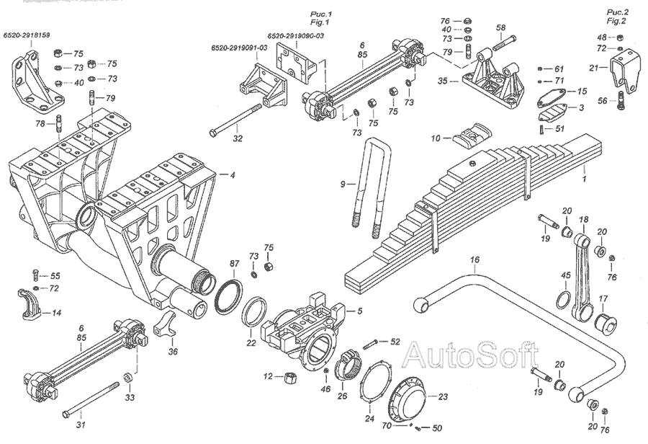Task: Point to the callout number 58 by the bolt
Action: coord(501,27)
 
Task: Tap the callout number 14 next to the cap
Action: coord(57,313)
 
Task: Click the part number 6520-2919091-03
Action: coord(239,48)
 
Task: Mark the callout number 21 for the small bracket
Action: coord(594,68)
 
